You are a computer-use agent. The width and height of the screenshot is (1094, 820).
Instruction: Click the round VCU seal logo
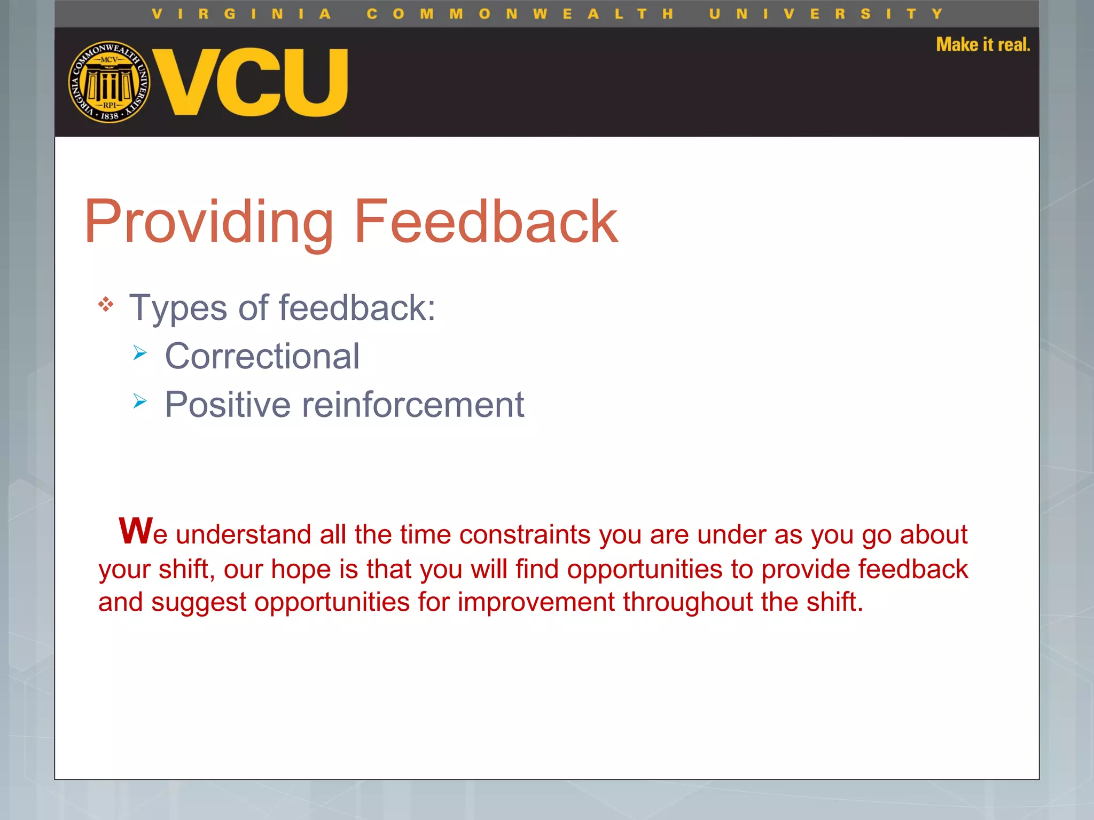click(x=109, y=82)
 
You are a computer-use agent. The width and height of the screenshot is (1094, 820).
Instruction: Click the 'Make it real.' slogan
click(x=982, y=45)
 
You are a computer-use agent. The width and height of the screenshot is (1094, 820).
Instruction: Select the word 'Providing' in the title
click(x=208, y=222)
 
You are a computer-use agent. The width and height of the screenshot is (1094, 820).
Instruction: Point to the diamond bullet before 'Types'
click(x=106, y=304)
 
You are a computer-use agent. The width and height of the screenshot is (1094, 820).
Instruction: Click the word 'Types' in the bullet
click(x=178, y=309)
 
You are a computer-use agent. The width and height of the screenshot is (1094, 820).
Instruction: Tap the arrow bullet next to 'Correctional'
click(x=140, y=353)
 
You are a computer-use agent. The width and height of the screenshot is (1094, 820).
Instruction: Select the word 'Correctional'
click(x=262, y=357)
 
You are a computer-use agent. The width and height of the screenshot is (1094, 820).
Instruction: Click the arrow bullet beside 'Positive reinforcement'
click(x=140, y=401)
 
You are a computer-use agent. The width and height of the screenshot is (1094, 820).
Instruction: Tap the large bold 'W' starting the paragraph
click(x=136, y=531)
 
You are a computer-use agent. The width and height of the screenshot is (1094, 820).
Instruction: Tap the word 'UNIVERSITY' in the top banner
click(x=826, y=14)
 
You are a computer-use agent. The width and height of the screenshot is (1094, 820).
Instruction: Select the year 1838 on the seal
click(x=110, y=116)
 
